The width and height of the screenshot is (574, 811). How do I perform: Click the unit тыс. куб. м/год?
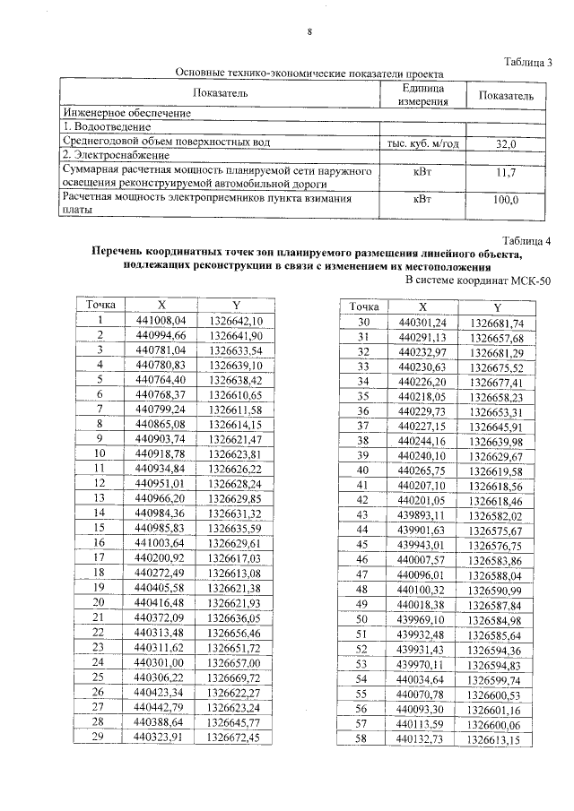coord(423,143)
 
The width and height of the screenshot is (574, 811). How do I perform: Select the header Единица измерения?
coord(423,95)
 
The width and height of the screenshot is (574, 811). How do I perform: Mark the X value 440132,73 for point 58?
coord(422,740)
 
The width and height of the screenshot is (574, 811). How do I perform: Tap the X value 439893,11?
coord(422,515)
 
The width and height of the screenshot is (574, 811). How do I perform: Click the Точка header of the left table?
coord(101,305)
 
